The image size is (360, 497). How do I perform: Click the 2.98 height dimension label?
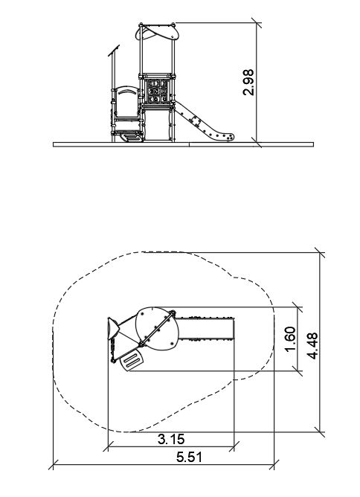click(x=248, y=83)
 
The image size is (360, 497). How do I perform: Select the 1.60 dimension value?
click(x=290, y=339)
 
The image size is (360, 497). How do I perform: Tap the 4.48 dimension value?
click(x=313, y=346)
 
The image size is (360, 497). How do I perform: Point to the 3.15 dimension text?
click(x=171, y=439)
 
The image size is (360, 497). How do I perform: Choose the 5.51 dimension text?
click(x=189, y=458)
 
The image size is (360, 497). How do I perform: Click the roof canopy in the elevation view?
click(x=158, y=32)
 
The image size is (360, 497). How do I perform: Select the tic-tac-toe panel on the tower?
click(x=158, y=92)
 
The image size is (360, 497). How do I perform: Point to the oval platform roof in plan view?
click(x=157, y=329)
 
